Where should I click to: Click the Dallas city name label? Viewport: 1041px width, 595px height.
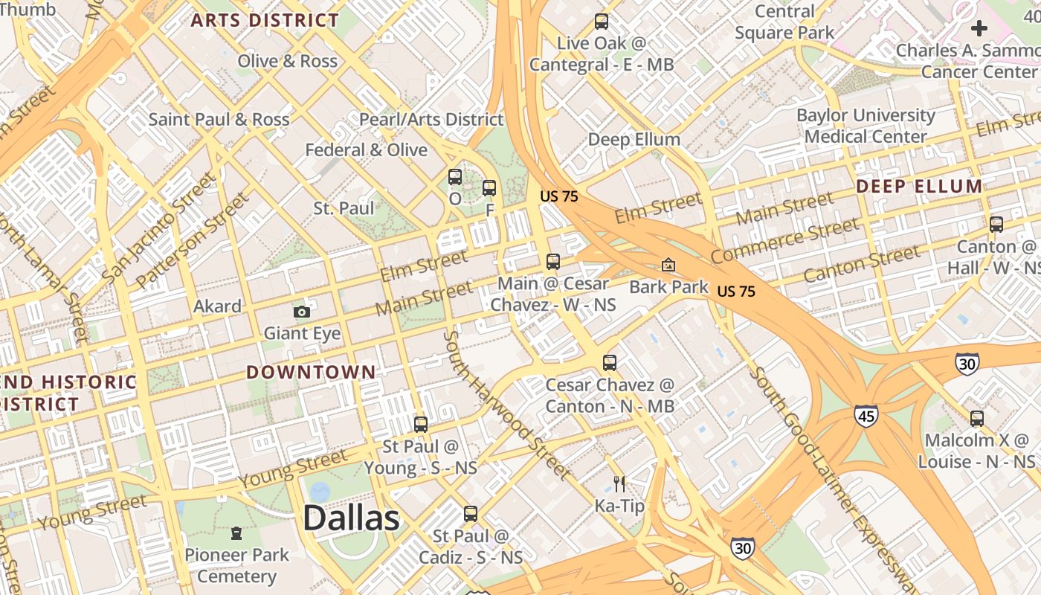[351, 518]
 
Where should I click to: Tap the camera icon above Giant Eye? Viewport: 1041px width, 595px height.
[301, 312]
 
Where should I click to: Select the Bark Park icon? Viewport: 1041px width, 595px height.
[668, 265]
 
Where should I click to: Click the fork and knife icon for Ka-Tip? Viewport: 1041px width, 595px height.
[619, 485]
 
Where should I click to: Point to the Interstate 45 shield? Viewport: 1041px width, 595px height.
[866, 415]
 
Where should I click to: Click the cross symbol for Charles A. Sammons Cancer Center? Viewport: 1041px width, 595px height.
[979, 29]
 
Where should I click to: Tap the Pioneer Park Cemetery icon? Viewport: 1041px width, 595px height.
[236, 533]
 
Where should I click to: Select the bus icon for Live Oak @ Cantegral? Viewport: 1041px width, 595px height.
[602, 22]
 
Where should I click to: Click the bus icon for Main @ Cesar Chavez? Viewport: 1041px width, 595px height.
[552, 262]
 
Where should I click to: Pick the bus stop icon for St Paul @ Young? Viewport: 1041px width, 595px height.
[420, 425]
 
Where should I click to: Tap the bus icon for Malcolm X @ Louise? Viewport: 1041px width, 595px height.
[977, 419]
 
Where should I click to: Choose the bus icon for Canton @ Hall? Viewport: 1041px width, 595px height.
[996, 224]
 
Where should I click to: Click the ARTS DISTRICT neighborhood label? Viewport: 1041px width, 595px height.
[265, 20]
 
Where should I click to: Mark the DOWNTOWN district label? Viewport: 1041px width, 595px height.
[311, 372]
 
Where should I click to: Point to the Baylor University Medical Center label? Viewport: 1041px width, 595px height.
[866, 126]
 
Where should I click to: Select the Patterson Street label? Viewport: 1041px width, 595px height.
[193, 240]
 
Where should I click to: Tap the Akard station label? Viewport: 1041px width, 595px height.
[217, 306]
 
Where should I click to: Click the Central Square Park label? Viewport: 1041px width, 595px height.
[784, 22]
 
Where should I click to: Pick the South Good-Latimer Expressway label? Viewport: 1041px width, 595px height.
[837, 476]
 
